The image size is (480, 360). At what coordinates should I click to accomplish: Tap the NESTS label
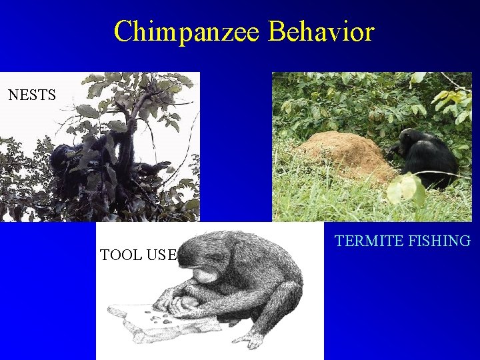click(x=32, y=95)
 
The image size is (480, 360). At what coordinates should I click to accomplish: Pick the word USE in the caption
click(x=162, y=254)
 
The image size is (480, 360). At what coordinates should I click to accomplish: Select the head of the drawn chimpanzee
click(x=203, y=260)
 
